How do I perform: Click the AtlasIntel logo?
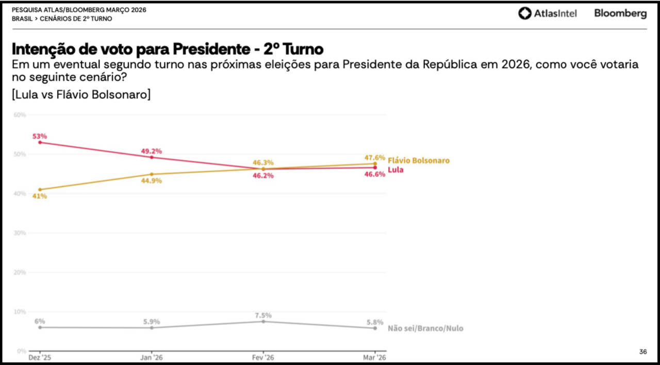coord(547,13)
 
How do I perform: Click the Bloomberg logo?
coord(620,13)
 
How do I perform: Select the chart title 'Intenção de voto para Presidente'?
coord(168,49)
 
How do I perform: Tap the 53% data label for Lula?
coord(40,136)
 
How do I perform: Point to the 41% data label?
coord(40,196)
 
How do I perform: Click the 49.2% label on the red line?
coord(152,151)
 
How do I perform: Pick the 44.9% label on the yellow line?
coord(152,180)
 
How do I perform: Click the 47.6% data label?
coord(374,158)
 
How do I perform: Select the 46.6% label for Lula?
coord(374,174)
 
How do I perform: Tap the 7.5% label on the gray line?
coord(263,315)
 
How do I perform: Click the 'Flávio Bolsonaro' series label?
coord(418,160)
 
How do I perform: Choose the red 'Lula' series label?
coord(395,170)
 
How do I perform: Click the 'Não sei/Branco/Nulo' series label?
coord(425,328)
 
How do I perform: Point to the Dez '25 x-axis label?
coord(40,357)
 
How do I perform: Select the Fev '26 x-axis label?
coord(263,357)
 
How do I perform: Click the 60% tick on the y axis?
coord(20,114)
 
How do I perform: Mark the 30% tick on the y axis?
coord(20,233)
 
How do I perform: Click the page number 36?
coord(642,352)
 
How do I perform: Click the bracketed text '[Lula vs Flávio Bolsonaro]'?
coord(81,95)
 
